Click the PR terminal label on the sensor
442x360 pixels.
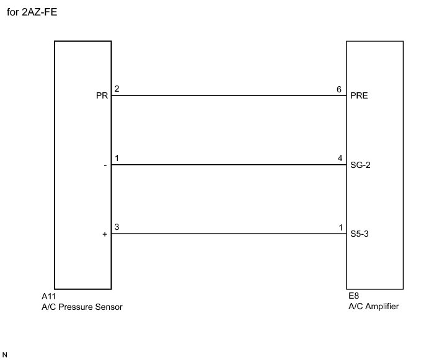point(102,97)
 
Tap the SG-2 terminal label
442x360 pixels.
point(360,166)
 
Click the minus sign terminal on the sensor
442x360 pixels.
point(105,166)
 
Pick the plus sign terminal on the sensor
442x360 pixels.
point(105,235)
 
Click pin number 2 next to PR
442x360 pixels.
point(117,89)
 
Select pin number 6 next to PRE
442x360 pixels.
point(339,89)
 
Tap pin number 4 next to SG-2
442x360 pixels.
point(340,159)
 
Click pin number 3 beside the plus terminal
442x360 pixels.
point(117,228)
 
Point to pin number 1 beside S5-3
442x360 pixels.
point(340,228)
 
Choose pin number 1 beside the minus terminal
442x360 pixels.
point(117,159)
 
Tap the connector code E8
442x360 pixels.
point(354,297)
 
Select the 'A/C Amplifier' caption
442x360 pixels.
point(373,307)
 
